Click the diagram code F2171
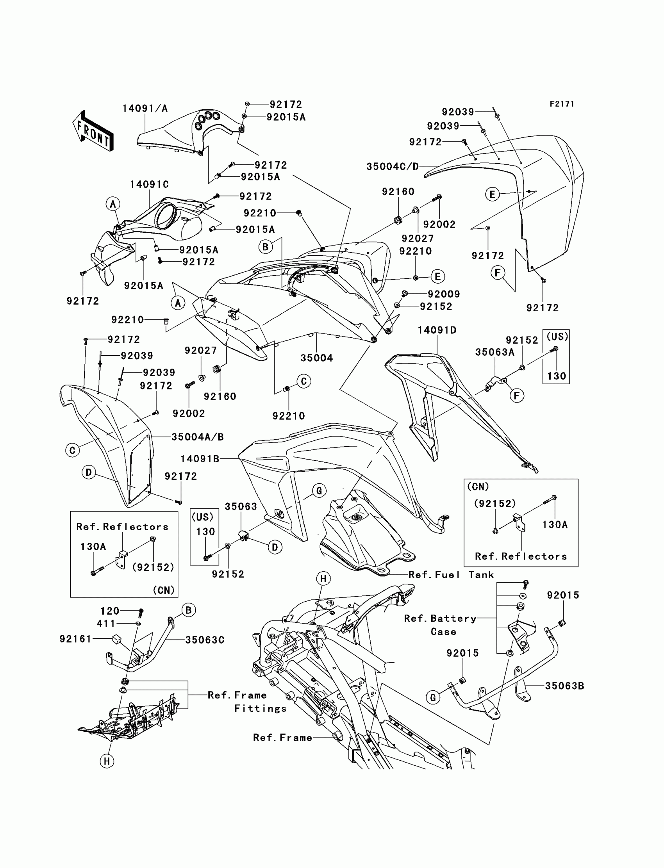click(x=562, y=104)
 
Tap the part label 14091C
click(x=149, y=185)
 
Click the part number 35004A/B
click(x=198, y=437)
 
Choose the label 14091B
click(x=200, y=459)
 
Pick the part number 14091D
click(x=437, y=330)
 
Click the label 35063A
click(x=495, y=352)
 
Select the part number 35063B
click(x=564, y=686)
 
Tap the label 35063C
click(x=205, y=640)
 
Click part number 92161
click(x=75, y=639)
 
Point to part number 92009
click(x=444, y=294)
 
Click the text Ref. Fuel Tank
click(x=451, y=575)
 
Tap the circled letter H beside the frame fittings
click(x=107, y=761)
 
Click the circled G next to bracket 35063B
click(x=433, y=697)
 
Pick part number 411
click(x=106, y=624)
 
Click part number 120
click(x=109, y=611)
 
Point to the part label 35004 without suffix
click(x=317, y=358)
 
